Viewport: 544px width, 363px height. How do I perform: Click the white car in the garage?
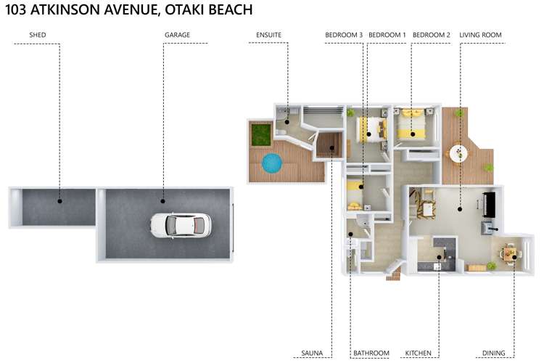181,225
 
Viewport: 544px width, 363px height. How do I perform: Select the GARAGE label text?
177,35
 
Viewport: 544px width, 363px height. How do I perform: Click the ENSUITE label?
268,35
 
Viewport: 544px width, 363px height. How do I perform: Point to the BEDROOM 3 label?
344,35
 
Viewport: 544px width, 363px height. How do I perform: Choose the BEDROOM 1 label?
387,35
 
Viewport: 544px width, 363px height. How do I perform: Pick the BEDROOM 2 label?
432,35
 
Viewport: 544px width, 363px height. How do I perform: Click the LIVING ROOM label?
480,35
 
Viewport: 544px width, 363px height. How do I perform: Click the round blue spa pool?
271,163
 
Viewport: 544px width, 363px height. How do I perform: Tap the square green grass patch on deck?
260,134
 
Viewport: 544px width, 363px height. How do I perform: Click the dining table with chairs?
511,254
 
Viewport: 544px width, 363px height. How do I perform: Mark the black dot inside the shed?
60,201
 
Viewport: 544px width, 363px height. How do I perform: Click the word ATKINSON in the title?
70,10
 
